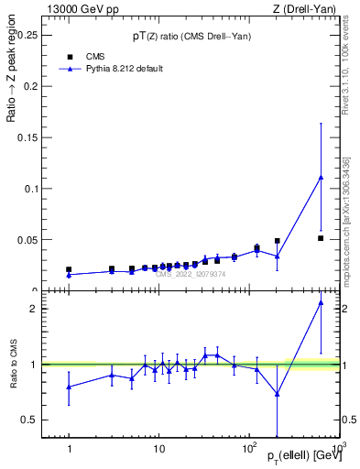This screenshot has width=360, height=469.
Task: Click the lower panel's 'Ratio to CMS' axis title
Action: click(x=12, y=365)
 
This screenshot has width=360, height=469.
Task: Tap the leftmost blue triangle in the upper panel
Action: click(x=69, y=275)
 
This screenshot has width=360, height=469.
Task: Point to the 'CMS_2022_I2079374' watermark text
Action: click(x=191, y=273)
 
